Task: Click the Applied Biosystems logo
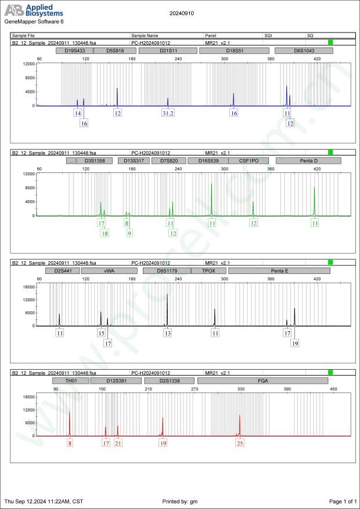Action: click(34, 10)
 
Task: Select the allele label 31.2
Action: click(168, 114)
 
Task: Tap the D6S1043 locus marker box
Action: click(304, 50)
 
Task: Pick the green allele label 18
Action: click(105, 233)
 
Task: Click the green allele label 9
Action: click(129, 233)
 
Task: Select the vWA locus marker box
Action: click(109, 270)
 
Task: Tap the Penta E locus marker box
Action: click(279, 270)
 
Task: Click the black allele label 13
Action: click(168, 334)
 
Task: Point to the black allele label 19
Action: click(295, 344)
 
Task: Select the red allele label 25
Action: click(240, 443)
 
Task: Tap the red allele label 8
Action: click(70, 443)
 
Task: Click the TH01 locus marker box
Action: click(71, 381)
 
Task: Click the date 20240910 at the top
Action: click(182, 12)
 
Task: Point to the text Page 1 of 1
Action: click(342, 501)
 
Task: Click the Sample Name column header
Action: click(145, 35)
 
